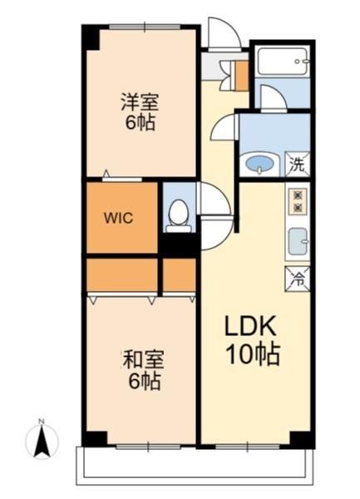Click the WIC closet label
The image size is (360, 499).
(118, 218)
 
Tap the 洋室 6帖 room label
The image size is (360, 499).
(140, 111)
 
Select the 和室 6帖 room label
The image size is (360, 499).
(144, 370)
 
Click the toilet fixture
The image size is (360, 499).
(179, 216)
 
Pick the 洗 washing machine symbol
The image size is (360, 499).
(298, 164)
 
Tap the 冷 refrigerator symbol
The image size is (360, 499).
(298, 279)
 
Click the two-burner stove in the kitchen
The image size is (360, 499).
(298, 202)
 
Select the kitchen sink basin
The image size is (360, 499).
(298, 241)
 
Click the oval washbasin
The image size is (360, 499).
(260, 164)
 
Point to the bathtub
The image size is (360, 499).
(283, 61)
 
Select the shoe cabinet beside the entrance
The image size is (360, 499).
(241, 76)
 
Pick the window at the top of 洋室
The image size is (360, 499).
(145, 27)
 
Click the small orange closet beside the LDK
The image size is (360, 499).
(179, 275)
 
